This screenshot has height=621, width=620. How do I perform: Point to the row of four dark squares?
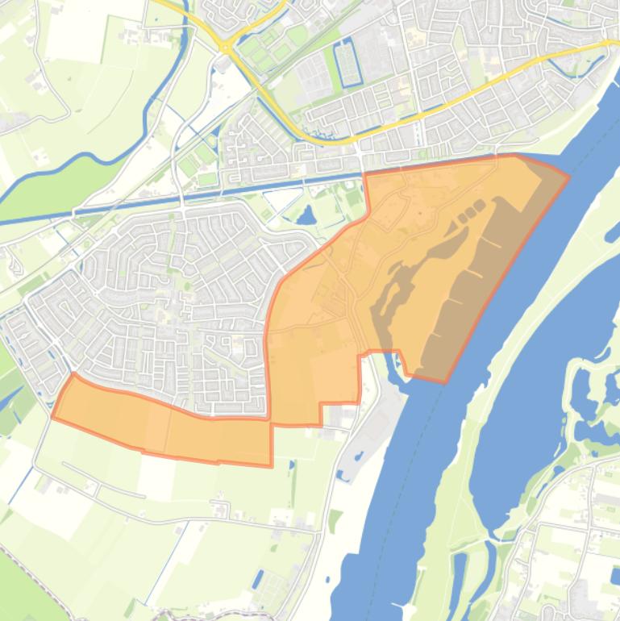pyautogui.click(x=473, y=208)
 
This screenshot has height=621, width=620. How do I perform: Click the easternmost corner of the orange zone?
pyautogui.click(x=569, y=175)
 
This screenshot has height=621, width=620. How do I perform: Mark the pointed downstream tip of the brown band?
pyautogui.click(x=443, y=381)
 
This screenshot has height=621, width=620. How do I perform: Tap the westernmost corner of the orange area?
pyautogui.click(x=52, y=417)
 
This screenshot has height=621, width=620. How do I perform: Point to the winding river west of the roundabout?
pyautogui.click(x=161, y=89)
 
